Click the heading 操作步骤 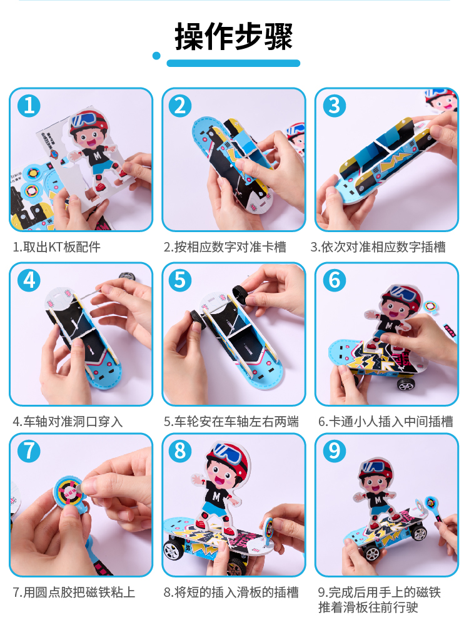coord(233,36)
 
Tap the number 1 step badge coord(29,106)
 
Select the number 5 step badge coord(180,280)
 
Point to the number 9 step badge coord(335,451)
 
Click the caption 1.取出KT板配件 coord(57,246)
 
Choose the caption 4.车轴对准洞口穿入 coord(68,422)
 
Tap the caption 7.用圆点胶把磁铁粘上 coord(74,592)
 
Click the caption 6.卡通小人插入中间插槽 coord(385,422)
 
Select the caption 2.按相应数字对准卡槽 coord(225,246)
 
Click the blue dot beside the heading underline coord(156,56)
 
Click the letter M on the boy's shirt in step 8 coord(216,497)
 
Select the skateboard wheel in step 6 coord(406,385)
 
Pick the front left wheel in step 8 coord(174,550)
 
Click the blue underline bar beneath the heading coord(233,63)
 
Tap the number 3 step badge coord(335,106)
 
